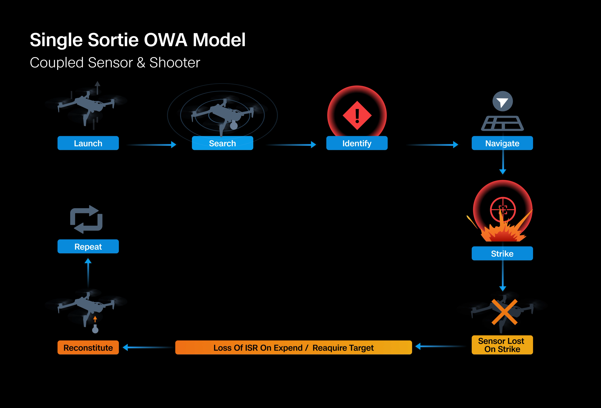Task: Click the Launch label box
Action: pos(88,143)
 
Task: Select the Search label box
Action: pos(222,143)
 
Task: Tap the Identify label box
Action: pos(357,143)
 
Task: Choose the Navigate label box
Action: pos(502,143)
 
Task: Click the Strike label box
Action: pos(502,253)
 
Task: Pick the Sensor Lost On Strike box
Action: pos(502,345)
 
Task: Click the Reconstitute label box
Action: pos(88,348)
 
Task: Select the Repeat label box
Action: pos(88,246)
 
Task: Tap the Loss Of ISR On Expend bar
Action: pos(293,348)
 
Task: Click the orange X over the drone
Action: pos(504,312)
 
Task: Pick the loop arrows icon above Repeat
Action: pos(86,219)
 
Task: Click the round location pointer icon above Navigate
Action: pos(502,101)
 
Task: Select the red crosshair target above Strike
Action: pos(503,210)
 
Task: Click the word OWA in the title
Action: pos(165,40)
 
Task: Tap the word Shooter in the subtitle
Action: pos(175,62)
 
